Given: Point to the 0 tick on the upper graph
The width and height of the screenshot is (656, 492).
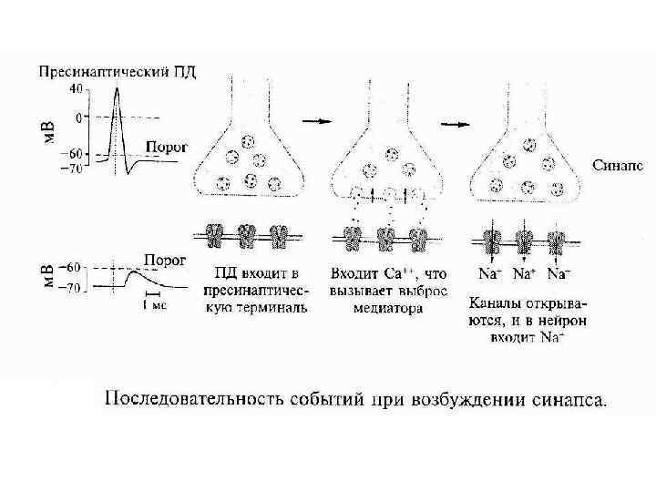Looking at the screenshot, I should click(78, 117).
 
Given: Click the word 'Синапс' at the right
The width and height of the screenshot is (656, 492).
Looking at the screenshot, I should click(618, 166).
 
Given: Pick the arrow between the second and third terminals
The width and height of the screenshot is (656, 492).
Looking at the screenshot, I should click(455, 122).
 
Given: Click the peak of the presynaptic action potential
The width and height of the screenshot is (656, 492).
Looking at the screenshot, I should click(116, 87).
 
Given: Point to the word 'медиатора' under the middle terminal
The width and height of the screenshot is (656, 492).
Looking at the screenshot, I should click(389, 307).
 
